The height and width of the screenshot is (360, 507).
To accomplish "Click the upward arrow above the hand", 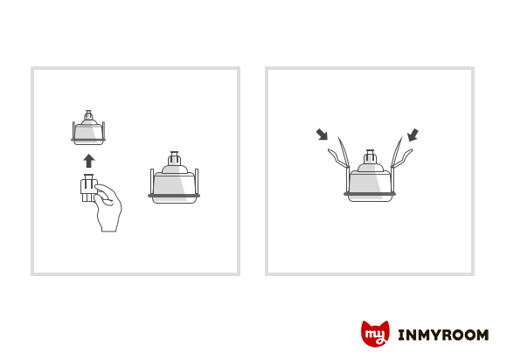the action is (89, 161).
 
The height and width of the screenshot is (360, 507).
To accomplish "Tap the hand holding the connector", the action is (108, 207).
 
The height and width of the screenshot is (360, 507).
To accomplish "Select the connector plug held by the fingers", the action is (88, 188).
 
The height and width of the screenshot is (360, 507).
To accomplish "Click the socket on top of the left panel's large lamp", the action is (175, 158).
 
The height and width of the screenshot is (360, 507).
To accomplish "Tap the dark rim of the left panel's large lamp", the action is (174, 196).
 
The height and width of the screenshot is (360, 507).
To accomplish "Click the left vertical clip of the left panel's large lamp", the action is (152, 181).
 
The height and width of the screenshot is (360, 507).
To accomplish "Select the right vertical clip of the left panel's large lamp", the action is (197, 181).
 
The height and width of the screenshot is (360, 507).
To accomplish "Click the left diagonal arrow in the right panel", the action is (322, 135).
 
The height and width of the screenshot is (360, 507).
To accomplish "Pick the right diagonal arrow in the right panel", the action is (413, 135).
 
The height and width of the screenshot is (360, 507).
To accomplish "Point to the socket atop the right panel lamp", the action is (371, 156).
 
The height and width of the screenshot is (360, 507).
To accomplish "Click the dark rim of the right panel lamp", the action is (370, 194).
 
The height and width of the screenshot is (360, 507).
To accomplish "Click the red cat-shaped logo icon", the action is (375, 334).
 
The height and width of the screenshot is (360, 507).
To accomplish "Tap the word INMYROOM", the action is (443, 336).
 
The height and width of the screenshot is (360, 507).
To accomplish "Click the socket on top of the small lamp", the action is (88, 115).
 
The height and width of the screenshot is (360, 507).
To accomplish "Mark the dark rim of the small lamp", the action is (88, 140).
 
